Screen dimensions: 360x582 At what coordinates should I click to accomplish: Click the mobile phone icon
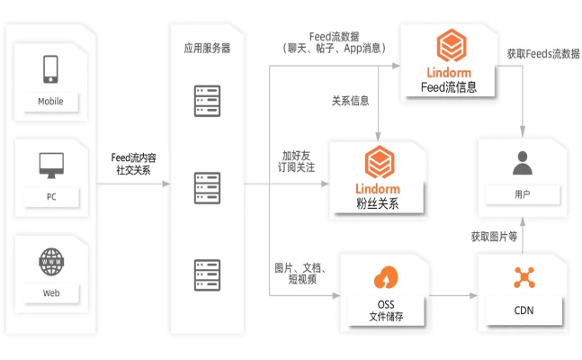[50, 68]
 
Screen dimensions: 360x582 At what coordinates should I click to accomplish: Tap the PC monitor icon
[50, 165]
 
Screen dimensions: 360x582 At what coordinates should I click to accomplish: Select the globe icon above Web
[50, 262]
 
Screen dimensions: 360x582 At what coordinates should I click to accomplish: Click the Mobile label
[50, 101]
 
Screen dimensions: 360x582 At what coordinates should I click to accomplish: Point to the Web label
[50, 293]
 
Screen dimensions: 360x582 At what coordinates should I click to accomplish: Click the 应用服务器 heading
[206, 49]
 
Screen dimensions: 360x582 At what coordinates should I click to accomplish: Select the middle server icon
[206, 189]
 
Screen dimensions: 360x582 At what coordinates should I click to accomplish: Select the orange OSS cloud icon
[383, 275]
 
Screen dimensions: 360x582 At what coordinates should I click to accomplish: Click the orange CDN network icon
[524, 276]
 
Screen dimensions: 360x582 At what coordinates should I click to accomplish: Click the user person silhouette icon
[523, 163]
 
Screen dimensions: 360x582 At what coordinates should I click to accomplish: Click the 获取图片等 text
[494, 238]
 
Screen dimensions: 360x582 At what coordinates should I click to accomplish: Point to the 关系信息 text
[350, 101]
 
